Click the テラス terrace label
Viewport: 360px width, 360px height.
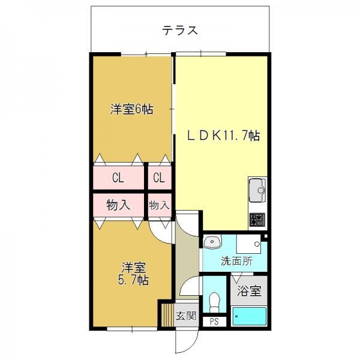coord(180,31)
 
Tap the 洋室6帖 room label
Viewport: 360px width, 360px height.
coord(131,109)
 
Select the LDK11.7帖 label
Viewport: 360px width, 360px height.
coord(223,136)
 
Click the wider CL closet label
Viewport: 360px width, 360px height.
coord(118,178)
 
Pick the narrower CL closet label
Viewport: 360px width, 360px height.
coord(159,178)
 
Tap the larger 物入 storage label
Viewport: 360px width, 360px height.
coord(118,205)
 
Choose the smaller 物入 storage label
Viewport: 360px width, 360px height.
coord(160,205)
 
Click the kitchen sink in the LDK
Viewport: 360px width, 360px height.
coord(257,190)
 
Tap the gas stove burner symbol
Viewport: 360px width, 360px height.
coord(257,220)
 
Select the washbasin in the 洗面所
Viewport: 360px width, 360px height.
coord(212,241)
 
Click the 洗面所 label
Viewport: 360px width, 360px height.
coord(236,261)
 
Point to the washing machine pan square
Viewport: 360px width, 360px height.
coord(248,244)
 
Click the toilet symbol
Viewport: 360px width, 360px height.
coord(215,302)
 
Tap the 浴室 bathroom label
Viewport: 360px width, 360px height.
coord(249,291)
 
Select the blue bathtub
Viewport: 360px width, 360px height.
coord(250,316)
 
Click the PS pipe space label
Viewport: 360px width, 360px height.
coord(214,322)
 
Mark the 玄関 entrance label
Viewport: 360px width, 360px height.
coord(186,316)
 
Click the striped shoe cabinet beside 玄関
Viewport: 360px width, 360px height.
coord(167,315)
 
